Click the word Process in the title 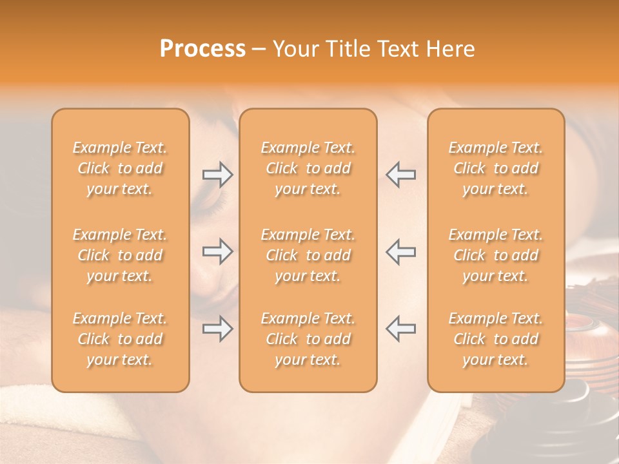tap(202, 49)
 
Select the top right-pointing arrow tap(217, 174)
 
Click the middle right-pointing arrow tap(217, 251)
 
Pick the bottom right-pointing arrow tap(217, 329)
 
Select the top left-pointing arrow tap(401, 174)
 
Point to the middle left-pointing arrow tap(401, 251)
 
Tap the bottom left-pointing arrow tap(401, 329)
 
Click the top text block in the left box tap(120, 168)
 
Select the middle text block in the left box tap(120, 255)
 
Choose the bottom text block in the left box tap(120, 339)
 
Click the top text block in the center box tap(308, 168)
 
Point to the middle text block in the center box tap(308, 255)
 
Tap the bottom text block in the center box tap(308, 339)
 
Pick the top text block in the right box tap(496, 168)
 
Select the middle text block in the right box tap(496, 255)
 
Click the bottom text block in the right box tap(496, 339)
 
